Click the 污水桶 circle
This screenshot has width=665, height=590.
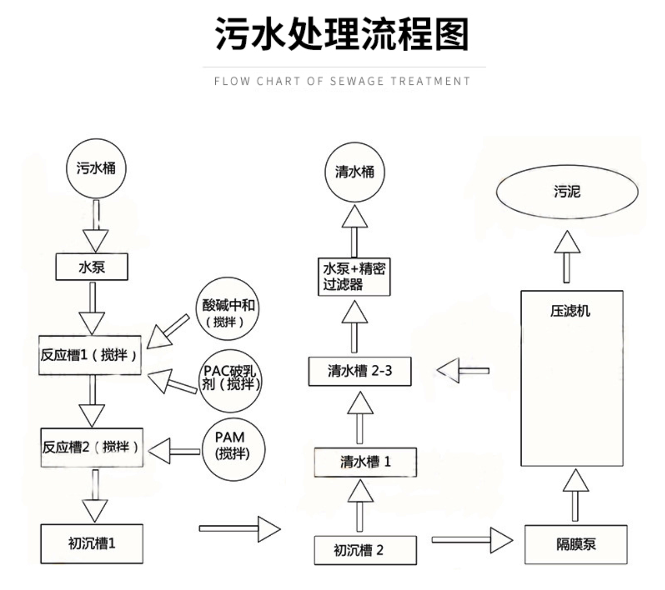(x=96, y=168)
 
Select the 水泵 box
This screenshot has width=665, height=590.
(x=92, y=267)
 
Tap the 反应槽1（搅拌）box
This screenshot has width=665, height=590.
(x=90, y=355)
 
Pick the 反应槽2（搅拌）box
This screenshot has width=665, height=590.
(x=92, y=447)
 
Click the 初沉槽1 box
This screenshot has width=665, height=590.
(x=92, y=544)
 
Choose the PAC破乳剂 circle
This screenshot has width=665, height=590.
(x=230, y=378)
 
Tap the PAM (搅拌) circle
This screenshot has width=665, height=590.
(x=232, y=446)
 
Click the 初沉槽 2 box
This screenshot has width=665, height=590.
(x=365, y=550)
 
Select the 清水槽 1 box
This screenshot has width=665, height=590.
(x=365, y=462)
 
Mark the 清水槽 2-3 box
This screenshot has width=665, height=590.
(x=360, y=371)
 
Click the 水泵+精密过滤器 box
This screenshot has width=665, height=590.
(x=354, y=277)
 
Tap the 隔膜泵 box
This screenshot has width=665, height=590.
(x=575, y=545)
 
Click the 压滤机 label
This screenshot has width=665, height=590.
(x=571, y=311)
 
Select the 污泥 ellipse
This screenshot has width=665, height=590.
(x=567, y=192)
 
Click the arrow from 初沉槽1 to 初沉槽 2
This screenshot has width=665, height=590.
(x=240, y=528)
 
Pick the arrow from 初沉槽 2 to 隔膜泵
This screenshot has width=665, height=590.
(x=472, y=539)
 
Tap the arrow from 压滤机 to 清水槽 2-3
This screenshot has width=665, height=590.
(x=463, y=371)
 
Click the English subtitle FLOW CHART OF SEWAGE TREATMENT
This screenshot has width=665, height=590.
(x=342, y=81)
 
